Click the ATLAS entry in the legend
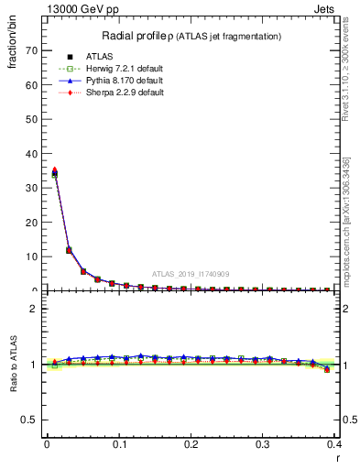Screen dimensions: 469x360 (x=99, y=58)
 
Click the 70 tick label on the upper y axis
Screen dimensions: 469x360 (x=34, y=50)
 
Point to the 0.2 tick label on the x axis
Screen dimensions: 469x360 (x=191, y=443)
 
